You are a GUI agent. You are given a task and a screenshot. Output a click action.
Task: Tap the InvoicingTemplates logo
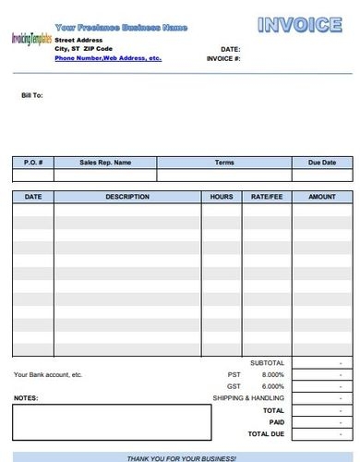click(30, 39)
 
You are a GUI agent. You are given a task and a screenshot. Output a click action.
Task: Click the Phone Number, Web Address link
click(107, 57)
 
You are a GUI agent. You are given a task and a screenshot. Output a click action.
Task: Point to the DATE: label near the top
click(230, 48)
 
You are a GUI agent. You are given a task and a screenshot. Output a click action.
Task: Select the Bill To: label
click(32, 94)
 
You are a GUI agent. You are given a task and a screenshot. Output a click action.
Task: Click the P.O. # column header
click(32, 163)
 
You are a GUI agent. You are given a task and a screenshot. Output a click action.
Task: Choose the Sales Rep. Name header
click(105, 163)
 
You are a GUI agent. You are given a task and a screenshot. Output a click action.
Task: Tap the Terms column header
click(224, 163)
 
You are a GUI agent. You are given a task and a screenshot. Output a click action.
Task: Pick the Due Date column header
click(321, 163)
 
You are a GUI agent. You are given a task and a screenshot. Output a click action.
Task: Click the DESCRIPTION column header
click(127, 197)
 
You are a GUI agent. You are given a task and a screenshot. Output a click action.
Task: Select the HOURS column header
click(222, 197)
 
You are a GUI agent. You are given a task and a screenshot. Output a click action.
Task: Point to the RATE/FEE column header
click(267, 197)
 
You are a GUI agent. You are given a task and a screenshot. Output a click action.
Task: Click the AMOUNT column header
click(321, 197)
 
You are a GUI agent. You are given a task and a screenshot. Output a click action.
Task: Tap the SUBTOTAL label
click(267, 362)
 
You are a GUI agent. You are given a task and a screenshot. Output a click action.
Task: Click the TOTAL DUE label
click(265, 433)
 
